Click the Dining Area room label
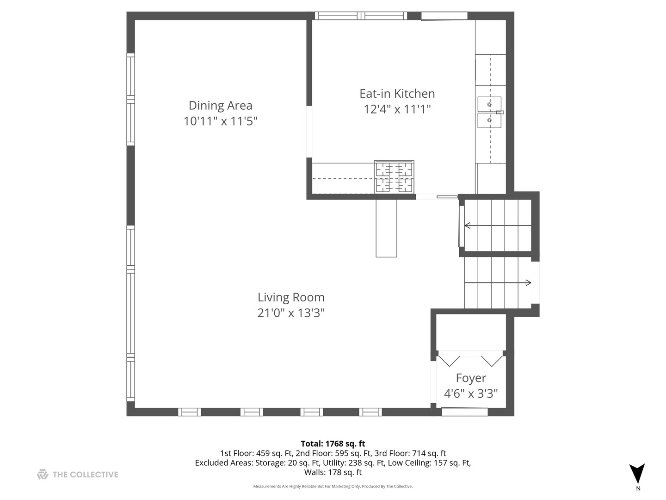(220, 106)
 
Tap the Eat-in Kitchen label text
(397, 94)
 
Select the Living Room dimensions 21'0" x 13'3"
(291, 313)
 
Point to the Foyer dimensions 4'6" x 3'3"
(471, 394)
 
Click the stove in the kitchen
(394, 177)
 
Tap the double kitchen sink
(489, 112)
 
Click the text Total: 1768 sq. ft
(333, 444)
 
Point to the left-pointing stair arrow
(468, 225)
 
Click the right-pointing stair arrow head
(528, 283)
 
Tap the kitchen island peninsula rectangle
(386, 228)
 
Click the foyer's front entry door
(464, 411)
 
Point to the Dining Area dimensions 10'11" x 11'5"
(220, 121)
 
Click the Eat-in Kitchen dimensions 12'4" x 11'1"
(397, 109)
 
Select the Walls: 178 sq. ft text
(333, 472)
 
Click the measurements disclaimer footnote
(333, 486)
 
